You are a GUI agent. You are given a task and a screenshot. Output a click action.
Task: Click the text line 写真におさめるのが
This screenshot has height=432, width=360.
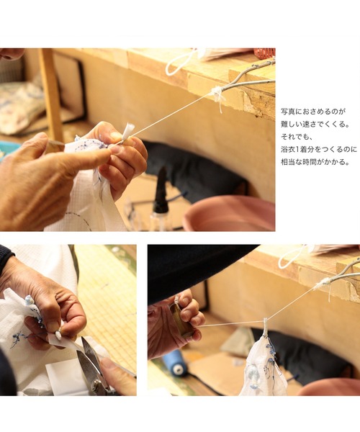pyautogui.click(x=313, y=112)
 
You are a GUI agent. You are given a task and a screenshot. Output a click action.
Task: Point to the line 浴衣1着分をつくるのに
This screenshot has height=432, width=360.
pyautogui.click(x=319, y=149)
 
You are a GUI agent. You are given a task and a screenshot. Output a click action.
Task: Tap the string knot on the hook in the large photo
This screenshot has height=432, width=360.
pyautogui.click(x=217, y=94)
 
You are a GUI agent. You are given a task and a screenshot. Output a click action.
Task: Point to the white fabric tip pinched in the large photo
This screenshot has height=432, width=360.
pyautogui.click(x=128, y=132)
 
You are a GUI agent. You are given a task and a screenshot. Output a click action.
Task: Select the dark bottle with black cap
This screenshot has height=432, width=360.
pyautogui.click(x=161, y=193)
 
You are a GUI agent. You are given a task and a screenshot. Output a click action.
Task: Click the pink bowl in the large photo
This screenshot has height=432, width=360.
pyautogui.click(x=230, y=214)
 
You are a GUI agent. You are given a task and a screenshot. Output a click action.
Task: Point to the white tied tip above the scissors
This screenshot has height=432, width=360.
pyautogui.click(x=58, y=335)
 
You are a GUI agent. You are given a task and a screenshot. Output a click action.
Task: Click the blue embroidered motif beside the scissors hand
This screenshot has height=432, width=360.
pyautogui.click(x=18, y=339)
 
